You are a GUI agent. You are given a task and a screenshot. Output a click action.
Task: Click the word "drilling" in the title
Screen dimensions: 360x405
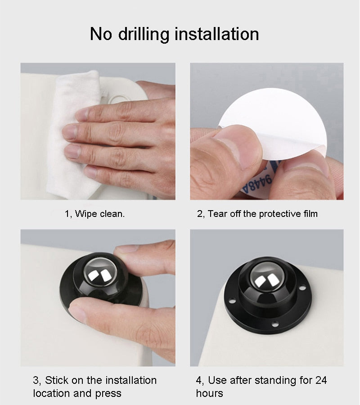[x=144, y=34]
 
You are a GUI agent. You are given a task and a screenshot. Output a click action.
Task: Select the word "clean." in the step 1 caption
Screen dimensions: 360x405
[x=112, y=214]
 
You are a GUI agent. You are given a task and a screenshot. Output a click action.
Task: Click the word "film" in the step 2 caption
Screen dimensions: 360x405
[x=310, y=214]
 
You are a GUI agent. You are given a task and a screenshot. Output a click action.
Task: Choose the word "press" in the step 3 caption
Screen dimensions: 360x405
[x=108, y=394]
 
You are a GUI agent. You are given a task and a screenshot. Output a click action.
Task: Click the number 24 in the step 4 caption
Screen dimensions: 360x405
[x=321, y=380]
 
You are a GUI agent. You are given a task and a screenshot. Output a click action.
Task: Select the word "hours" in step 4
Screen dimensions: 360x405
[x=209, y=393]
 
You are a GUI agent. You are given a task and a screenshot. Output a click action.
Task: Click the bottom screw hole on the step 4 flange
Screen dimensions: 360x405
[x=275, y=324]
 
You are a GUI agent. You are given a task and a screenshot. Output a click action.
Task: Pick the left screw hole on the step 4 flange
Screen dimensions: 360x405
[x=232, y=301]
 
